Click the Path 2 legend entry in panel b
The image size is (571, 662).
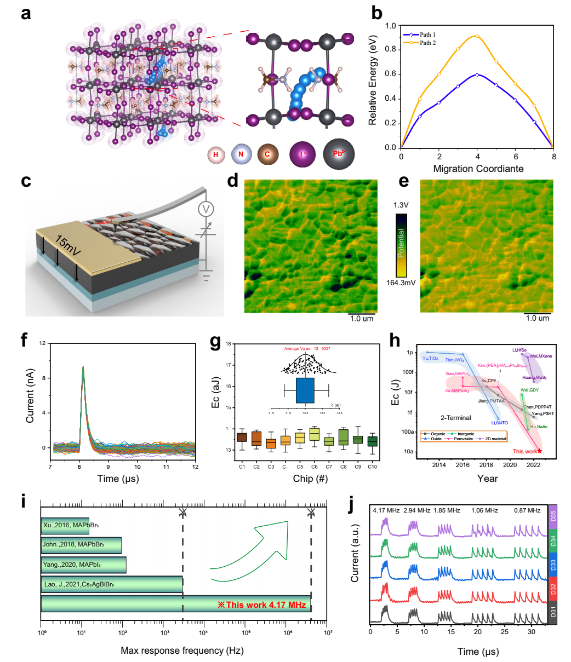(x=427, y=43)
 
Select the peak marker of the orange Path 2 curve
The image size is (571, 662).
(x=477, y=37)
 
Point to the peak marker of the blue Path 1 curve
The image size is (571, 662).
(x=477, y=74)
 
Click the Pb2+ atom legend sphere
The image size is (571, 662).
(x=339, y=154)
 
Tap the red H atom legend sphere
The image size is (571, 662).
(x=216, y=155)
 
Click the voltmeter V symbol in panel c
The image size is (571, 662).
(x=207, y=209)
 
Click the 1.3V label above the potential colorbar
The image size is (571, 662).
(x=401, y=205)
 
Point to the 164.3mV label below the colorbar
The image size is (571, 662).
(x=401, y=284)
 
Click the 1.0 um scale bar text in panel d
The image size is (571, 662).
(x=362, y=319)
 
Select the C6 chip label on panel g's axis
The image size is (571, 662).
(x=314, y=466)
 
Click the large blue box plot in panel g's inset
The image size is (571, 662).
(x=305, y=390)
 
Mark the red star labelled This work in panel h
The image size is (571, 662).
(x=540, y=451)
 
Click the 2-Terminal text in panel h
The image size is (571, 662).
(x=455, y=418)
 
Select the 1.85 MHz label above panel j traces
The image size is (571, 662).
(x=446, y=510)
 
